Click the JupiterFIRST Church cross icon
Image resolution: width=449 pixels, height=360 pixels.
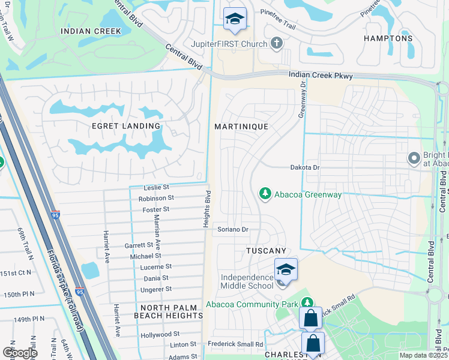[x=276, y=43]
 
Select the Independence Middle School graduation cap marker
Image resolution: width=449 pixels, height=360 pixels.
[x=286, y=271]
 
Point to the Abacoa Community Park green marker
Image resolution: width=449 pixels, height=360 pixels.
[x=307, y=304]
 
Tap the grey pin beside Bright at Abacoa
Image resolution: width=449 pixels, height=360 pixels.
[x=414, y=158]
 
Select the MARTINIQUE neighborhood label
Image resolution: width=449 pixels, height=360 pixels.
[x=241, y=127]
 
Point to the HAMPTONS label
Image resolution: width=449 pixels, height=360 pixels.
[x=388, y=38]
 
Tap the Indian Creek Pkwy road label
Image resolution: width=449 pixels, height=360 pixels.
[x=321, y=76]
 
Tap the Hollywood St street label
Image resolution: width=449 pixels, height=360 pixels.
[x=160, y=334]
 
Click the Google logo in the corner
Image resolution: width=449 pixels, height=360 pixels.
[x=20, y=353]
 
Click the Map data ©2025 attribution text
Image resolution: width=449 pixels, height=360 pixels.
[x=423, y=355]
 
